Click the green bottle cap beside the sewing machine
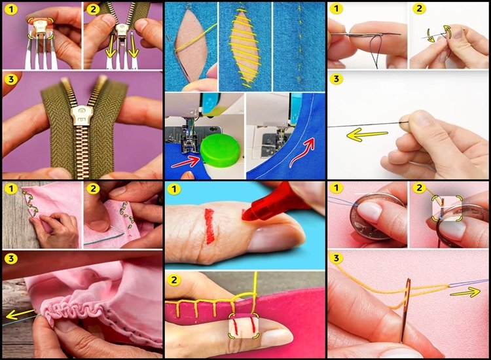[x=221, y=151]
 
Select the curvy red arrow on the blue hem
[x=302, y=152]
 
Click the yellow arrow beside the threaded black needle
[x=367, y=135]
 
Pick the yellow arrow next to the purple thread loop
[x=465, y=293]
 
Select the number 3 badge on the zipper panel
[x=11, y=79]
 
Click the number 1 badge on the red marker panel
[x=173, y=189]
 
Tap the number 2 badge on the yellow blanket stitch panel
[x=173, y=279]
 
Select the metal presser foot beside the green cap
[x=189, y=141]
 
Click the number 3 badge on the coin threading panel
[x=336, y=259]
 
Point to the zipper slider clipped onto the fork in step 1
[x=40, y=29]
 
